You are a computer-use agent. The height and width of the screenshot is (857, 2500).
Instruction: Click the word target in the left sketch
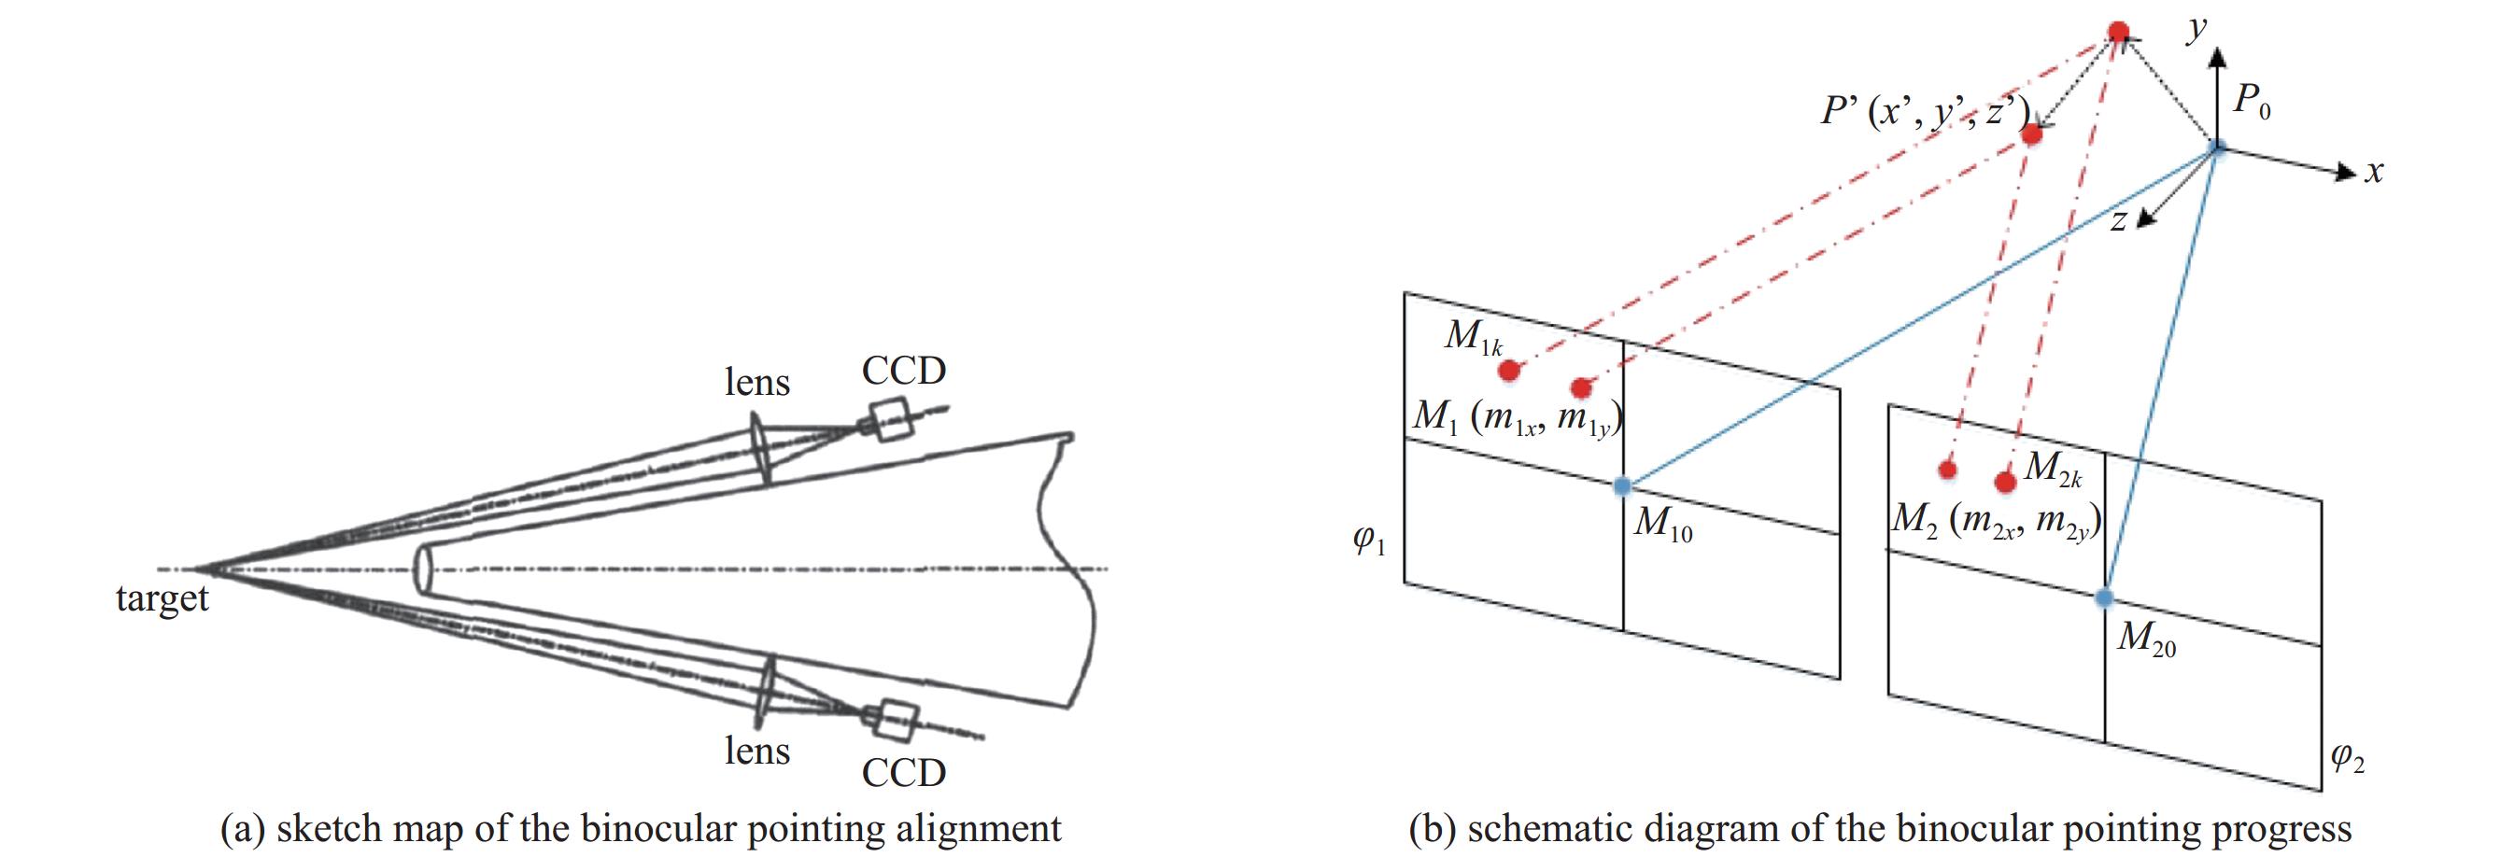(x=162, y=598)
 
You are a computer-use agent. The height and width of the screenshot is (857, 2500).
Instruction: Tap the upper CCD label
(x=904, y=371)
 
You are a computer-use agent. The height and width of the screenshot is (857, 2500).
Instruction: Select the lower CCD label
(x=904, y=773)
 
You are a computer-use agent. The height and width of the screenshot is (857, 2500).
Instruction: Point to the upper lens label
(x=757, y=383)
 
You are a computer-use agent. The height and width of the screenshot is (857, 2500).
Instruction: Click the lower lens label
(x=757, y=752)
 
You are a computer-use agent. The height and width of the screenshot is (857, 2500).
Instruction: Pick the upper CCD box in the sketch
(x=889, y=419)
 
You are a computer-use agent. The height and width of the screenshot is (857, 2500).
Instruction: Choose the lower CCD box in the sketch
(x=894, y=719)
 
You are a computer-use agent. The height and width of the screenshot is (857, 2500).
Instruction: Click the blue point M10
(x=1623, y=486)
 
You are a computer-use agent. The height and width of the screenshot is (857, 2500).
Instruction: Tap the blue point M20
(x=2104, y=597)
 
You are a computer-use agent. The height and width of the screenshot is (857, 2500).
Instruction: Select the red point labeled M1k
(x=1509, y=370)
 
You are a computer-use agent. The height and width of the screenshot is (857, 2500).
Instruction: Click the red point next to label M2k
(x=2006, y=482)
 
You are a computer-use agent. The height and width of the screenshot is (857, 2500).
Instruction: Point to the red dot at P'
(x=2031, y=135)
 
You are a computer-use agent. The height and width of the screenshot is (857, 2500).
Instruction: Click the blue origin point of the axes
(x=2217, y=148)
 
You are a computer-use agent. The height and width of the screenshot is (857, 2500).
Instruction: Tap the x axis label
(x=2373, y=173)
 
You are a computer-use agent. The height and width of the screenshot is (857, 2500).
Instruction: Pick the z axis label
(x=2119, y=221)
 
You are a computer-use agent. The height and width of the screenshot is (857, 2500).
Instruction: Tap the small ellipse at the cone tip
(x=422, y=569)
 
